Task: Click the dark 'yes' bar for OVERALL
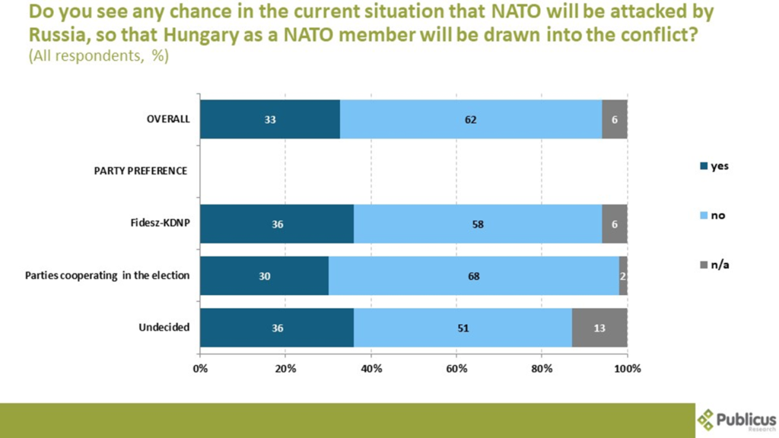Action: click(x=269, y=119)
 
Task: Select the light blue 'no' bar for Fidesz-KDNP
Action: click(x=478, y=224)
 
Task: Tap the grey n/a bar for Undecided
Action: click(x=599, y=328)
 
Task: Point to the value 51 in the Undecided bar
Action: click(x=463, y=328)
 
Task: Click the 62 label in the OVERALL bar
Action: click(x=471, y=119)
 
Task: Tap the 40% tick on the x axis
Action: click(x=370, y=369)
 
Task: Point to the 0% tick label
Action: click(x=200, y=369)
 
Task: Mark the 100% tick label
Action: click(x=627, y=369)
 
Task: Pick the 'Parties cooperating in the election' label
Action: click(x=107, y=275)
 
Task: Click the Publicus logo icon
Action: click(x=707, y=418)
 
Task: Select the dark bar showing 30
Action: click(x=264, y=276)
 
